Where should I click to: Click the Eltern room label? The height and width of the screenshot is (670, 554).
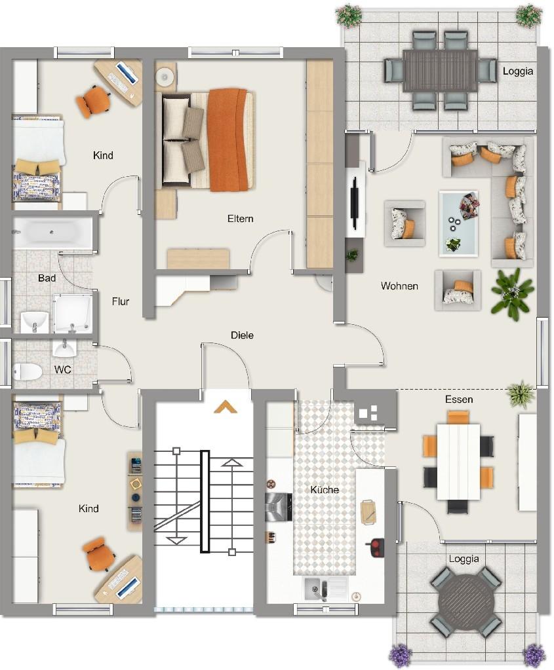pyautogui.click(x=241, y=219)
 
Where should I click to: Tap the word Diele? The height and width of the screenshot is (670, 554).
pyautogui.click(x=242, y=335)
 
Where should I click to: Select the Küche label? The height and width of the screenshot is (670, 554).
pyautogui.click(x=325, y=490)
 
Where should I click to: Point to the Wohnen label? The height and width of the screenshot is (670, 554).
pyautogui.click(x=399, y=286)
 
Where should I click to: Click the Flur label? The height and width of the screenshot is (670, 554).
pyautogui.click(x=121, y=302)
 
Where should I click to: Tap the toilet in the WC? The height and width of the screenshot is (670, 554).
pyautogui.click(x=28, y=372)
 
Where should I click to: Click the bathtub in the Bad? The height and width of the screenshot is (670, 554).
pyautogui.click(x=53, y=233)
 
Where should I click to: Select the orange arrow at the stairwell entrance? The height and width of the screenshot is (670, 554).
pyautogui.click(x=226, y=407)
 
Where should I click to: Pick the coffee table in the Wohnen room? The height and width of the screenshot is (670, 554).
pyautogui.click(x=458, y=223)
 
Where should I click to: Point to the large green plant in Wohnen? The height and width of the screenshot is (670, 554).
pyautogui.click(x=513, y=293)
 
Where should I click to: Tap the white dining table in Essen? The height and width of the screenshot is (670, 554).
pyautogui.click(x=458, y=462)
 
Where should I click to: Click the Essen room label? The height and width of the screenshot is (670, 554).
pyautogui.click(x=459, y=400)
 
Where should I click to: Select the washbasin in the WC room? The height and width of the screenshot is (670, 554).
pyautogui.click(x=65, y=348)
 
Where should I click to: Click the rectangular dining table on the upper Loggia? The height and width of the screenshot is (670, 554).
pyautogui.click(x=440, y=71)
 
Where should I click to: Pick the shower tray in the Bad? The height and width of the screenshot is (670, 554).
pyautogui.click(x=73, y=313)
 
